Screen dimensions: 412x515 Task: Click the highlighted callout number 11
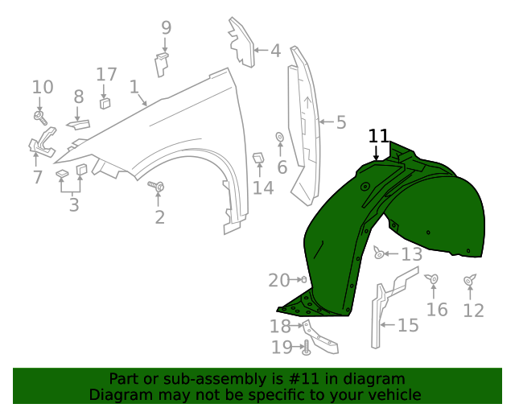(379, 136)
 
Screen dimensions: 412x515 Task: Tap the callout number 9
(166, 28)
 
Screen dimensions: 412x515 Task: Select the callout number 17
(106, 75)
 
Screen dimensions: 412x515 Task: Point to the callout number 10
(43, 87)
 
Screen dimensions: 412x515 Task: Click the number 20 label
(278, 280)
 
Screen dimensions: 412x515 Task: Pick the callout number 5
(341, 122)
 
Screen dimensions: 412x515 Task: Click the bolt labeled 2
(159, 187)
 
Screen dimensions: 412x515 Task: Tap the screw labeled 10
(39, 117)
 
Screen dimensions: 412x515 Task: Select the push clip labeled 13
(379, 254)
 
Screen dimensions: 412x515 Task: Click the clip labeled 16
(433, 279)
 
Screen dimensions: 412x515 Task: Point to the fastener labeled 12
(470, 280)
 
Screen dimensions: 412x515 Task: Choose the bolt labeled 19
(306, 348)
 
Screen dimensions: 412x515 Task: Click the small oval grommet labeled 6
(279, 137)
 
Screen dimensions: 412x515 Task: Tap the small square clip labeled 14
(259, 159)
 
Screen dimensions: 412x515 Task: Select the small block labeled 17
(105, 102)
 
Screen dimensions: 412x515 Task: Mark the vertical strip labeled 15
(375, 318)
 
